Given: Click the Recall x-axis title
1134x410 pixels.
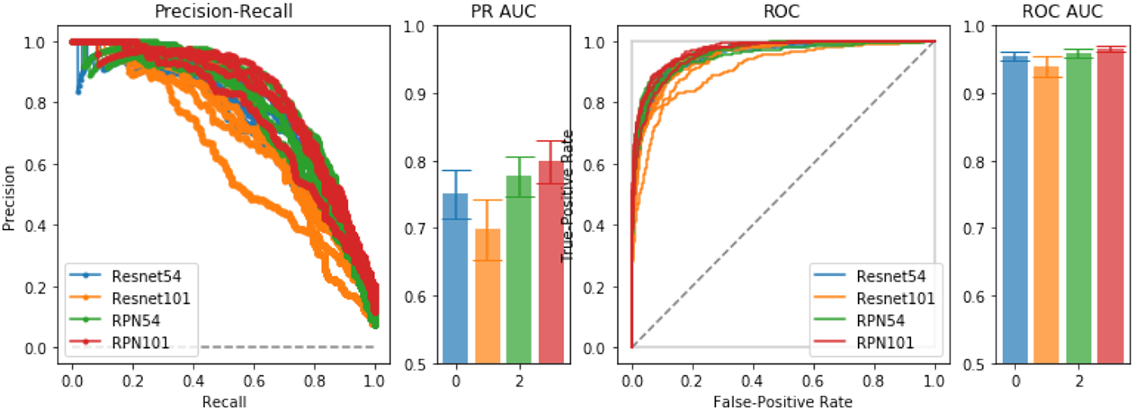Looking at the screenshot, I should (224, 402).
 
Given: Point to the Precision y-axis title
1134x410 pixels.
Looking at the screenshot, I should (9, 195).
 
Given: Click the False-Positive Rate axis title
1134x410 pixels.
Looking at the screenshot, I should (783, 402).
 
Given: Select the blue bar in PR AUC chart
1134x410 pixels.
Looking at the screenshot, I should (455, 280).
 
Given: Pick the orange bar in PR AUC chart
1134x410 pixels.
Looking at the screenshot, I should (487, 299).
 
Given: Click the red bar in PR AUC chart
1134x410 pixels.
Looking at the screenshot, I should (550, 265).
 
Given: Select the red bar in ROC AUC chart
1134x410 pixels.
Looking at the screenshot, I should (1110, 208).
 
